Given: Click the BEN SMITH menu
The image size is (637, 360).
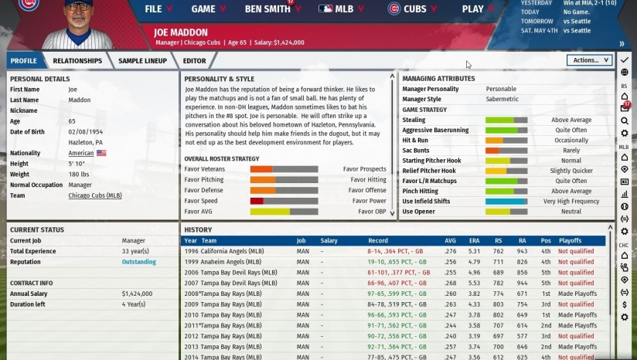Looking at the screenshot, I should tap(268, 9).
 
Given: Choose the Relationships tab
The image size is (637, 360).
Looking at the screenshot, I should tap(77, 60).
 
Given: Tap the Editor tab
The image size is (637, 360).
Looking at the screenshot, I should tap(194, 60).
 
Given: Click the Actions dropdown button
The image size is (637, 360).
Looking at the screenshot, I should tap(588, 59).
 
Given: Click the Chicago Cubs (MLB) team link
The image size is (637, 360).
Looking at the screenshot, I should tap(95, 195).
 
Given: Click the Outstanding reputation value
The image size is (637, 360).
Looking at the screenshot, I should tap(139, 262).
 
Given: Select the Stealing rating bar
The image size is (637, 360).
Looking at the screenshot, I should tap(506, 120).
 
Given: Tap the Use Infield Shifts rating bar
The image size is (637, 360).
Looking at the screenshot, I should tap(506, 201).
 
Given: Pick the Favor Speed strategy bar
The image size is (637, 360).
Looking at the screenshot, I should tap(283, 201).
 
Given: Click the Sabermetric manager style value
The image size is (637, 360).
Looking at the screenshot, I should tap(501, 99).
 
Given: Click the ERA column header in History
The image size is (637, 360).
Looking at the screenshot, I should tap(474, 241).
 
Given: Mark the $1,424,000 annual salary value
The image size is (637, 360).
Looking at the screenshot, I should tap(138, 294).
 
